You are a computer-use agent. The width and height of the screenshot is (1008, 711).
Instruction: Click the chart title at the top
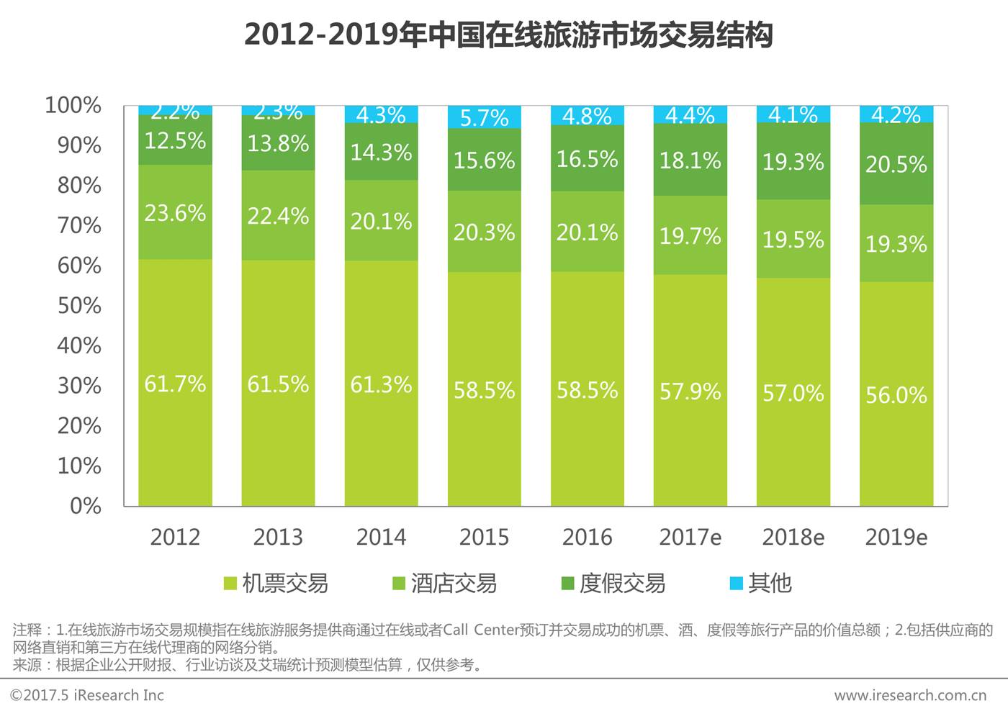point(508,35)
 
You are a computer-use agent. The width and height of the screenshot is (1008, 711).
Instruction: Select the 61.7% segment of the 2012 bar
point(175,382)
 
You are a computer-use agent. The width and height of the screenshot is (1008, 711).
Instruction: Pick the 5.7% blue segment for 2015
point(484,117)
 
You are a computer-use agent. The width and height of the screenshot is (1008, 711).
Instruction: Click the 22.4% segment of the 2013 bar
point(278,215)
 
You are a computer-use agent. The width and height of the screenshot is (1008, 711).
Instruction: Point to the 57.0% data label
point(793,393)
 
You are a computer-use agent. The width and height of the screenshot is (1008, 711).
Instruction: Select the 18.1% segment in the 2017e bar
point(690,160)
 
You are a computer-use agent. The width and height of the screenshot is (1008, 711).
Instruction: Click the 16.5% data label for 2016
point(587,158)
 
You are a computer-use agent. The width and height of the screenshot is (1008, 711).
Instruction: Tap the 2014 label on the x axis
point(381,537)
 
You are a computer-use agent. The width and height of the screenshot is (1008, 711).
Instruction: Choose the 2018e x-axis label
point(793,537)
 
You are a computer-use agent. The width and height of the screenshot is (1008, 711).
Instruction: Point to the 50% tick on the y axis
point(79,305)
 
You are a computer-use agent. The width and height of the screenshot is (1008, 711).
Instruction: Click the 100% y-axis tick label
point(73,105)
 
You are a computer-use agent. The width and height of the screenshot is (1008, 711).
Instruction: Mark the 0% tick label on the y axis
point(85,505)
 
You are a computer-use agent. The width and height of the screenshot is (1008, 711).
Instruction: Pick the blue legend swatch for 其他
point(736,583)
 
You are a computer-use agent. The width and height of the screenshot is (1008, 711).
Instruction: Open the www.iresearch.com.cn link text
point(910,695)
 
